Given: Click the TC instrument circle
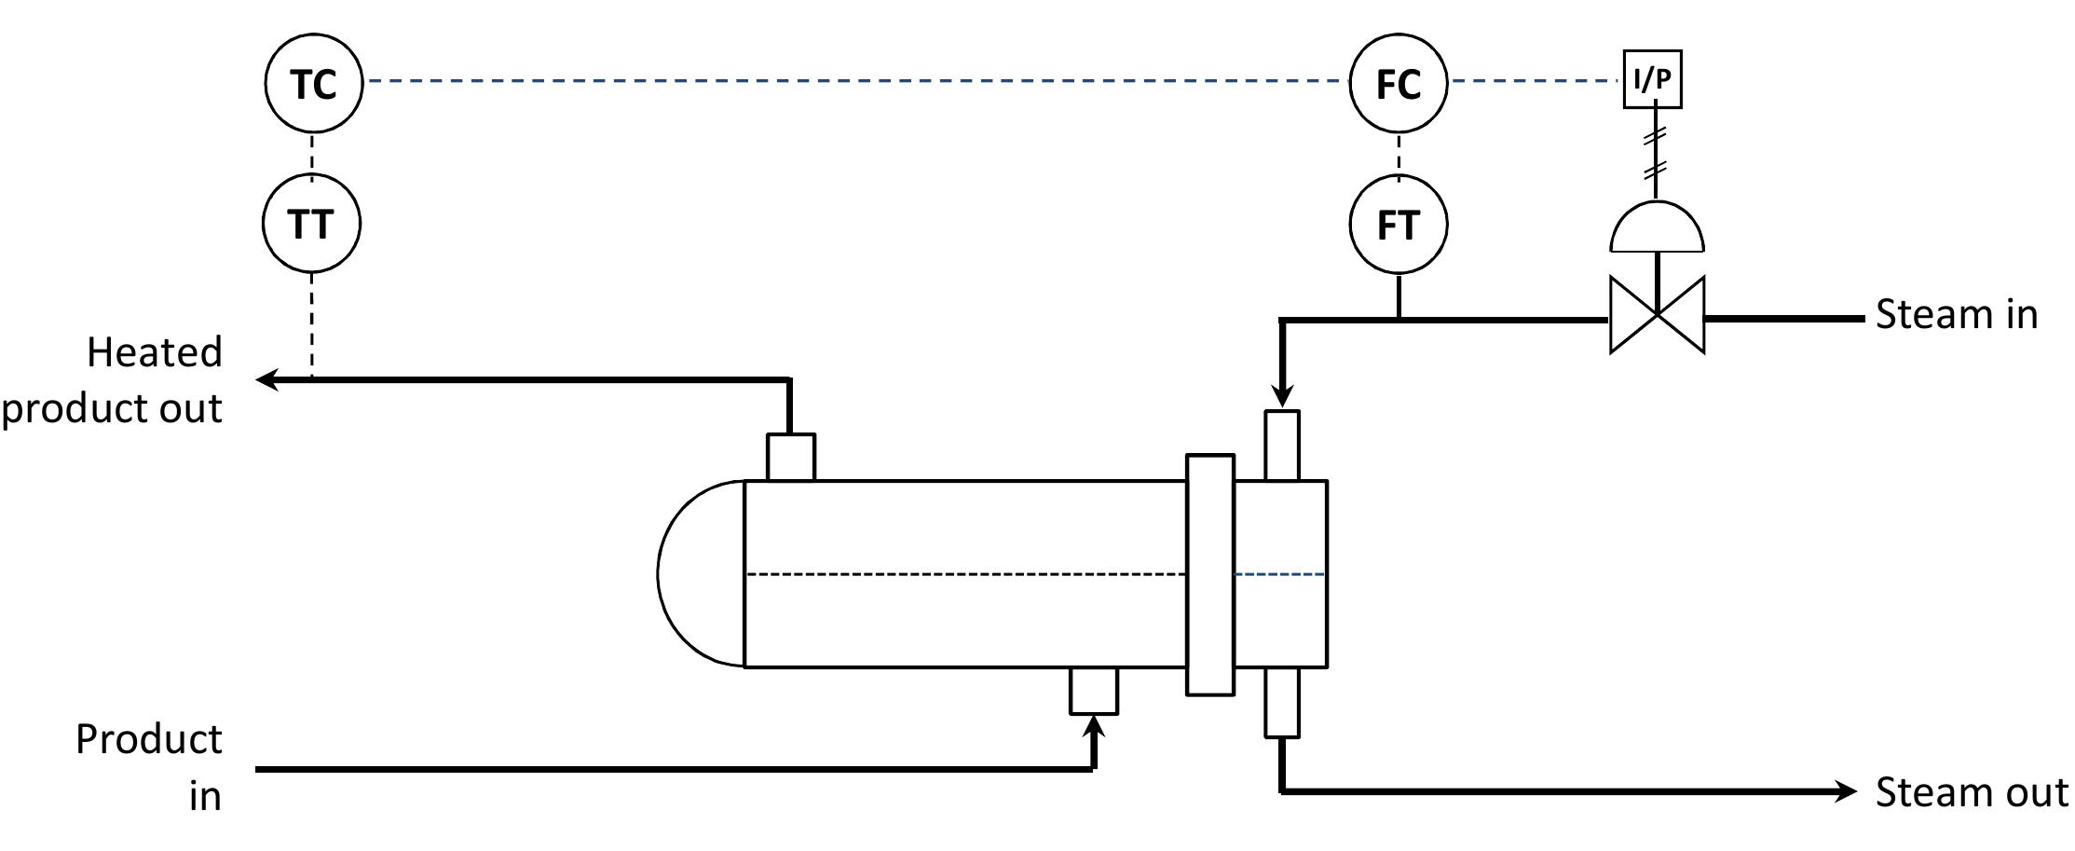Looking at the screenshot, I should [x=313, y=83].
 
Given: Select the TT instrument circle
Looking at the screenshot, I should [x=310, y=225].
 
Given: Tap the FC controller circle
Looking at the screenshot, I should [x=1399, y=83].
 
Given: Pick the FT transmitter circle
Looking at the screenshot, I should [x=1399, y=225].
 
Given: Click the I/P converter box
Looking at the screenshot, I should [x=1652, y=79].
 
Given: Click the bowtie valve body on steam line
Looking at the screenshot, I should [x=1657, y=315].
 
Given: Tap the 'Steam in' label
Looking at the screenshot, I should [x=1956, y=314].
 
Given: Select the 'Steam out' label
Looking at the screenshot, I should [x=1971, y=792].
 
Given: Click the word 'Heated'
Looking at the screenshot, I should [x=155, y=352].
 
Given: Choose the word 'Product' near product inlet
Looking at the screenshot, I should [x=149, y=739].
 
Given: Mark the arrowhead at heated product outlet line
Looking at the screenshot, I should [x=267, y=379].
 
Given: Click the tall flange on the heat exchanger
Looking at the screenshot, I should [x=1209, y=574].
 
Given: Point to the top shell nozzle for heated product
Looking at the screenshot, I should [x=790, y=457].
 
